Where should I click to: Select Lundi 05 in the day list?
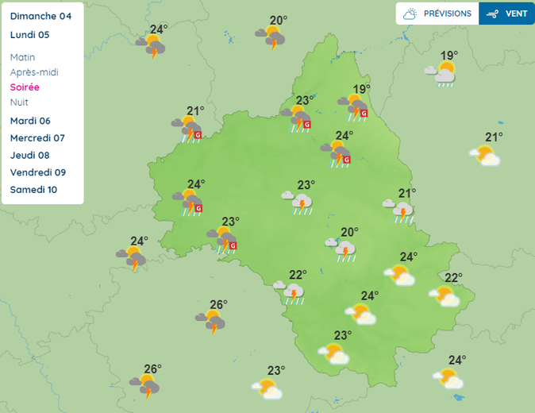click(30, 35)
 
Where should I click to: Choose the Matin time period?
click(23, 57)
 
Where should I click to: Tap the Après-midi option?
click(34, 72)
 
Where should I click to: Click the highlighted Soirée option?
click(25, 87)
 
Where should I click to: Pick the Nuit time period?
click(19, 102)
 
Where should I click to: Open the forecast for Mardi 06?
click(30, 121)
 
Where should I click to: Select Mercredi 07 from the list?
click(37, 138)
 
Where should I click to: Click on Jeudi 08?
click(30, 156)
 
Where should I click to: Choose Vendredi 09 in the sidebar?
click(38, 172)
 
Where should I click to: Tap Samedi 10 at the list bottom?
click(33, 190)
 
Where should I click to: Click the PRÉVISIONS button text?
click(448, 14)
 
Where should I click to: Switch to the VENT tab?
click(516, 14)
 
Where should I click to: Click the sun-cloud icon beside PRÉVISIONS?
click(410, 14)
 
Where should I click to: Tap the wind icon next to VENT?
click(493, 14)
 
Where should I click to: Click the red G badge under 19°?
click(364, 114)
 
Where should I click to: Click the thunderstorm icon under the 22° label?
click(293, 294)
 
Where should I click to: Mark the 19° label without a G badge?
click(449, 56)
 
